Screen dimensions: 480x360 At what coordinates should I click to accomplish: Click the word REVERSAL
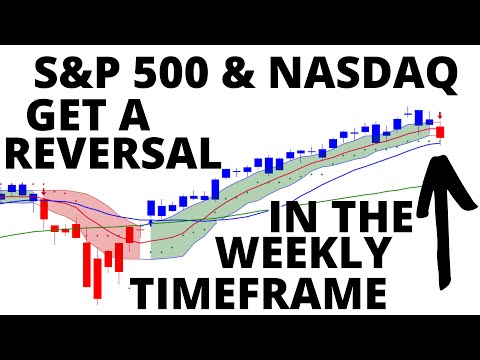[112, 153]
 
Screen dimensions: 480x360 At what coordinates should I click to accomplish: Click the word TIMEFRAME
[260, 294]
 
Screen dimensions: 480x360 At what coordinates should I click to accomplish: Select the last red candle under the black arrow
[440, 132]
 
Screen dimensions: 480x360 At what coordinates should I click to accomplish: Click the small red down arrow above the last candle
[440, 116]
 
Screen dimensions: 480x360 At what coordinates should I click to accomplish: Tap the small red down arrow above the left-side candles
[44, 192]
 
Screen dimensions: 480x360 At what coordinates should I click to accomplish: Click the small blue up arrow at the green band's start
[151, 223]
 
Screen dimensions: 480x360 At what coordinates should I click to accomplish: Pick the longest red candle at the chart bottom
[97, 279]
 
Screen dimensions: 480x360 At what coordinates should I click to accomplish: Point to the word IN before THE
[291, 217]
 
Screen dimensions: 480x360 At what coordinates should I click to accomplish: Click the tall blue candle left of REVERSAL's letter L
[216, 190]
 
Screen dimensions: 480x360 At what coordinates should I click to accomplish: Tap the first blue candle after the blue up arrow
[151, 209]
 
